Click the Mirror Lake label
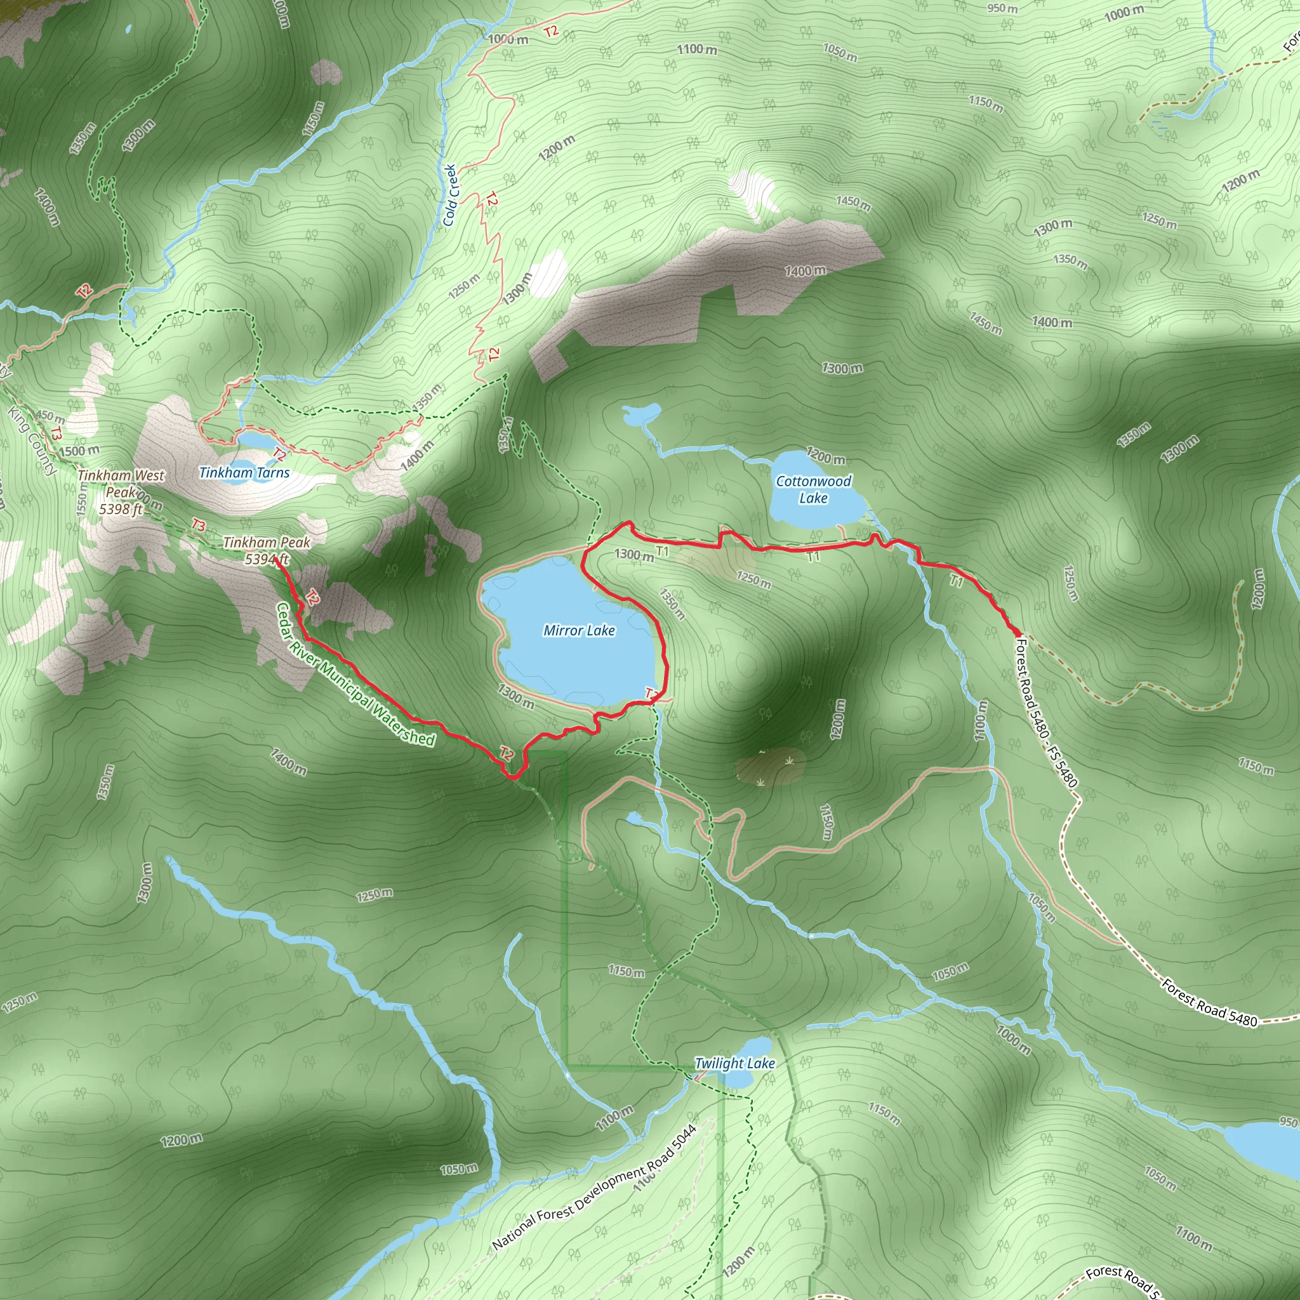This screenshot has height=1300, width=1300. (579, 630)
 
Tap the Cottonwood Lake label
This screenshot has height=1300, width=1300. (813, 489)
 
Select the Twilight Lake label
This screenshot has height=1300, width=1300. (734, 1063)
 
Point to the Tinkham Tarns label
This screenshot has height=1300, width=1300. (244, 472)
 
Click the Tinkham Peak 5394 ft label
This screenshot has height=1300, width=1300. (267, 550)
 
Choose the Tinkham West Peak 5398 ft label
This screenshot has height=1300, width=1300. (121, 492)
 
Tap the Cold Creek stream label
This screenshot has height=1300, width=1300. (450, 195)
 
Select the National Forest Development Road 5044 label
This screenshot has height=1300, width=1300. (594, 1188)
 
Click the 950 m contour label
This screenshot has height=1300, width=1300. (1002, 9)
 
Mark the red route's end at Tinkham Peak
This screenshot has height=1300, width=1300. (277, 559)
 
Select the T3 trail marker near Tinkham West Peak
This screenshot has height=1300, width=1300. (198, 525)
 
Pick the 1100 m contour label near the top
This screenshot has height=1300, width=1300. (697, 49)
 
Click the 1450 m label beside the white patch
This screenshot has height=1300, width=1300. (853, 202)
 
